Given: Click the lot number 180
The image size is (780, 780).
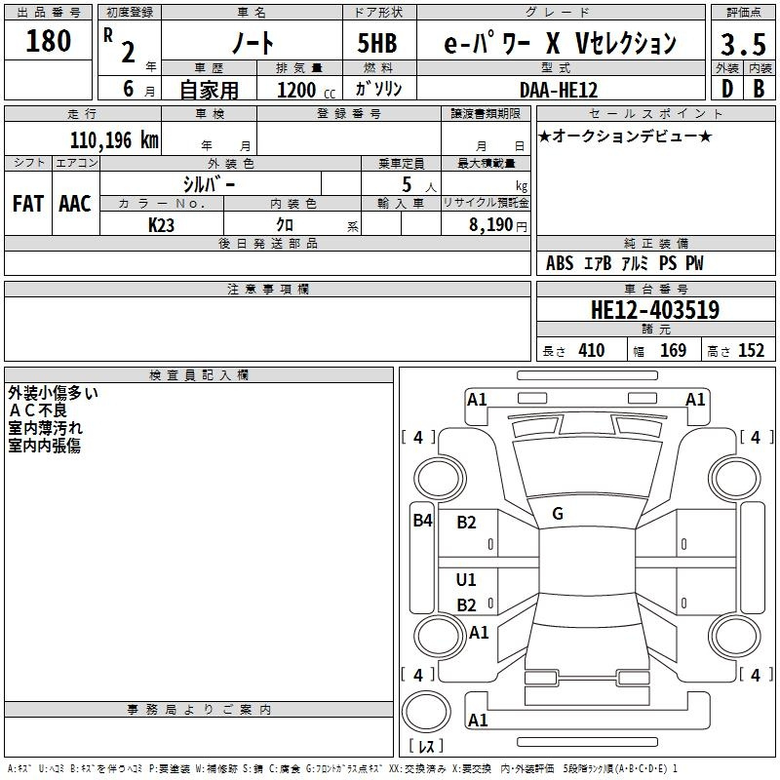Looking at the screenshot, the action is (x=48, y=41).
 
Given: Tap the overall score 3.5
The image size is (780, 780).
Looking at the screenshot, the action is (x=743, y=44).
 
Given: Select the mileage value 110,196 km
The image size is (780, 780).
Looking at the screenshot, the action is (x=114, y=140).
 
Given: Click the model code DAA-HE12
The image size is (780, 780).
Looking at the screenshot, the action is (x=559, y=90).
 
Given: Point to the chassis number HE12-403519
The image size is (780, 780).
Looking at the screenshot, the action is (x=655, y=310).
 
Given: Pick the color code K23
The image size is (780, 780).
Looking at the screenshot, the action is (x=161, y=225).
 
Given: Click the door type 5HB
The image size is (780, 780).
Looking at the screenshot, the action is (x=377, y=43).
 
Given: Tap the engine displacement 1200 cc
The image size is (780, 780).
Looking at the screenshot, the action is (x=306, y=90).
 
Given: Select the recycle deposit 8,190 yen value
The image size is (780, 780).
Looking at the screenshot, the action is (x=497, y=225).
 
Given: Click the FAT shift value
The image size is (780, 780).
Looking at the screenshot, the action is (x=28, y=204).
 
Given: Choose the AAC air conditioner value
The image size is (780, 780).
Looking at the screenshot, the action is (x=75, y=204).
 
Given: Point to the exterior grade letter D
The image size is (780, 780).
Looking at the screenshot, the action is (x=727, y=89).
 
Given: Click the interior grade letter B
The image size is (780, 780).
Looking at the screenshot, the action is (x=759, y=89).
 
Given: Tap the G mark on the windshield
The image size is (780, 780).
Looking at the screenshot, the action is (x=558, y=514).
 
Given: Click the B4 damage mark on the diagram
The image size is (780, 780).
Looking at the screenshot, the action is (x=423, y=521).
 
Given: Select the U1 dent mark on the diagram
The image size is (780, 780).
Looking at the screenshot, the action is (x=466, y=579).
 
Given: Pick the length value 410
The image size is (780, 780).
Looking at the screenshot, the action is (x=592, y=350).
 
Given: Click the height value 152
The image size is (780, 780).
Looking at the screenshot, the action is (x=751, y=350).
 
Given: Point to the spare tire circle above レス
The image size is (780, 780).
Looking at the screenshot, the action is (x=426, y=711).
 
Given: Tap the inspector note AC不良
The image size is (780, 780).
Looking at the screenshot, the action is (x=38, y=410).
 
